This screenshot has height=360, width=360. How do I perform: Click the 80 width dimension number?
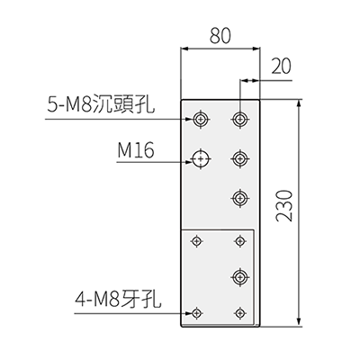point(220,35)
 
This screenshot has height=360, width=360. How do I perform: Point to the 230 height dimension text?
point(283,205)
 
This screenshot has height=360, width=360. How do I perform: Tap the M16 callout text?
point(136,150)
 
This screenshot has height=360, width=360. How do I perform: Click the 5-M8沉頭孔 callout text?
point(101,103)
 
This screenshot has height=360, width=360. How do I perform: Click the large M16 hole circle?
point(200,158)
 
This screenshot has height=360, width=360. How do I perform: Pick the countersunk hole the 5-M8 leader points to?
point(200,119)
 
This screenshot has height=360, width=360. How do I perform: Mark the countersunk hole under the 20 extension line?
point(239,119)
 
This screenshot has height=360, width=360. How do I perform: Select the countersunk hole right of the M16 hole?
point(239,158)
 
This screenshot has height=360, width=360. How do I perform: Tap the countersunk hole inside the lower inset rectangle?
point(239,276)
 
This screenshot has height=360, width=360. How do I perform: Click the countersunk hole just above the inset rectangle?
point(239,198)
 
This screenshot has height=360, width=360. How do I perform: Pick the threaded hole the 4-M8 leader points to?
point(197,313)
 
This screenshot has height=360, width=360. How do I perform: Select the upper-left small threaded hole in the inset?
point(197,240)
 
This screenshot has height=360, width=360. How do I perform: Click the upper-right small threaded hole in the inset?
point(239,240)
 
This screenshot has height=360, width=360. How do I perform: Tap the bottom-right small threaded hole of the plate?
point(239,313)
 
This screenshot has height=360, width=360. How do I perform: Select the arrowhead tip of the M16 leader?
point(193,162)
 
